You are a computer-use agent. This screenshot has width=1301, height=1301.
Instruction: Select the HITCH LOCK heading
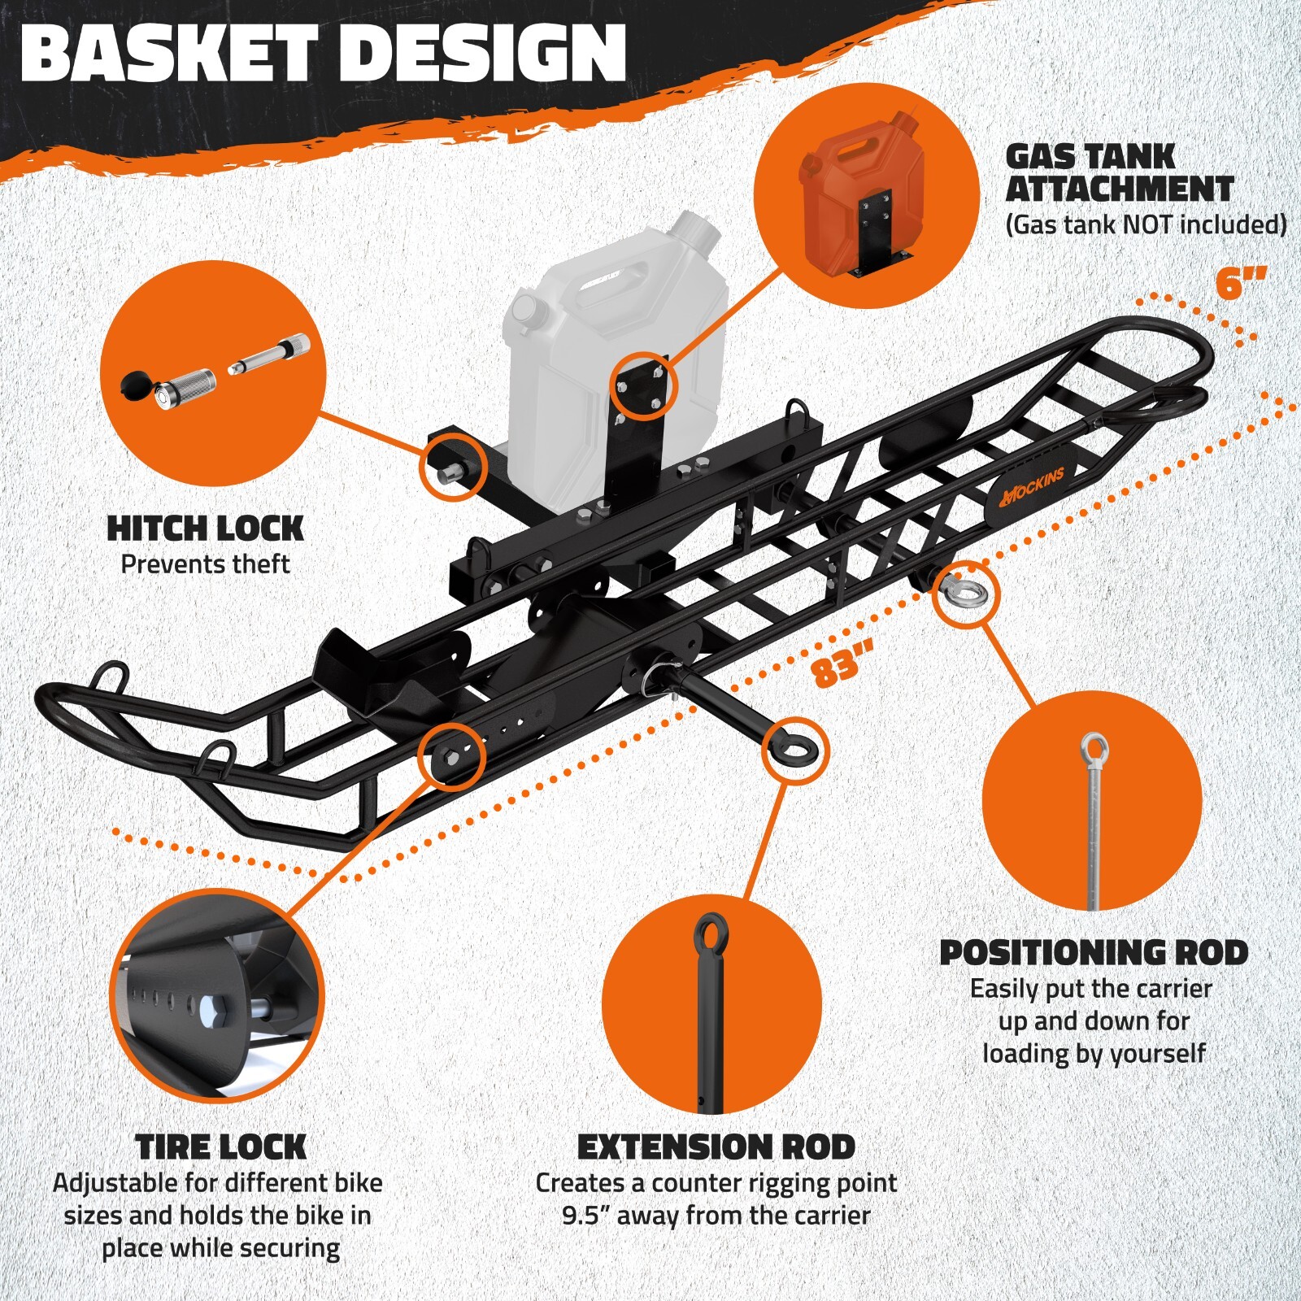coord(205,529)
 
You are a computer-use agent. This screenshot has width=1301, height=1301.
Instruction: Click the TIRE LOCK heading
coord(221,1147)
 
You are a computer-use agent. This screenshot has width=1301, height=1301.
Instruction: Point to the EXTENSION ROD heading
coord(716,1147)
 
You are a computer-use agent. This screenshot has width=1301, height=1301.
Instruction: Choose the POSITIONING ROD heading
coord(1094,953)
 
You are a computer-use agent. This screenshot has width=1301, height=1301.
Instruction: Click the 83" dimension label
coord(842,663)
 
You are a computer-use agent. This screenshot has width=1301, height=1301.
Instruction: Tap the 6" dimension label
coord(1240,284)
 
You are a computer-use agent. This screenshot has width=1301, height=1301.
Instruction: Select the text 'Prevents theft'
coord(205,564)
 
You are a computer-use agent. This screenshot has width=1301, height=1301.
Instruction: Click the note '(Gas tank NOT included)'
coord(1146,224)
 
